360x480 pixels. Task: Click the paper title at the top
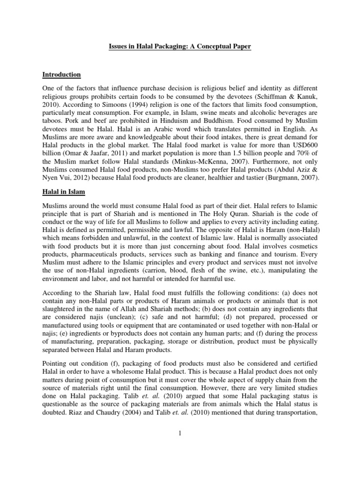point(180,47)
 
